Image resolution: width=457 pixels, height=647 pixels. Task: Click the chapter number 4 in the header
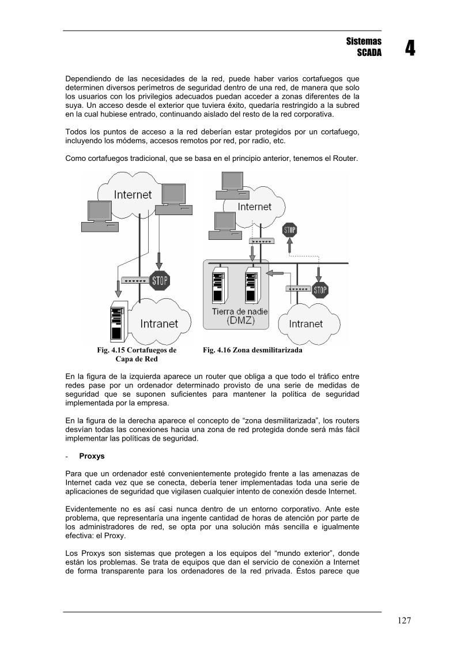[409, 48]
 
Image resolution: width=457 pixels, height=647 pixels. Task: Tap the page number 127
[404, 620]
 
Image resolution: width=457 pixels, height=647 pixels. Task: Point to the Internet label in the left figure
[133, 194]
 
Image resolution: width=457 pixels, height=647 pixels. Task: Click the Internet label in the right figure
[254, 206]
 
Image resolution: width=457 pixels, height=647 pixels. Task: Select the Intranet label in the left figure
[159, 323]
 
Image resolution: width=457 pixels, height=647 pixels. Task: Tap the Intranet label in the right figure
[305, 323]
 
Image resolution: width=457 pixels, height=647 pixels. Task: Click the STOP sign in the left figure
[160, 281]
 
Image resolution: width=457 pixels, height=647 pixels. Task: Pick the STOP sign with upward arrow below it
[289, 230]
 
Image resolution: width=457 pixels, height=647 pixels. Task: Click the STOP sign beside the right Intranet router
[320, 289]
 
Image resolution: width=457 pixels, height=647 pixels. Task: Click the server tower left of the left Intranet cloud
[118, 320]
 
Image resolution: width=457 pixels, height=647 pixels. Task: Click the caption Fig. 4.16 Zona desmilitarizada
[252, 350]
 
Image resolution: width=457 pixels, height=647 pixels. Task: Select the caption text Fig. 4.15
[111, 350]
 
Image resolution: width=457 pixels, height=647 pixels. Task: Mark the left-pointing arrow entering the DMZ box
[278, 272]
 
